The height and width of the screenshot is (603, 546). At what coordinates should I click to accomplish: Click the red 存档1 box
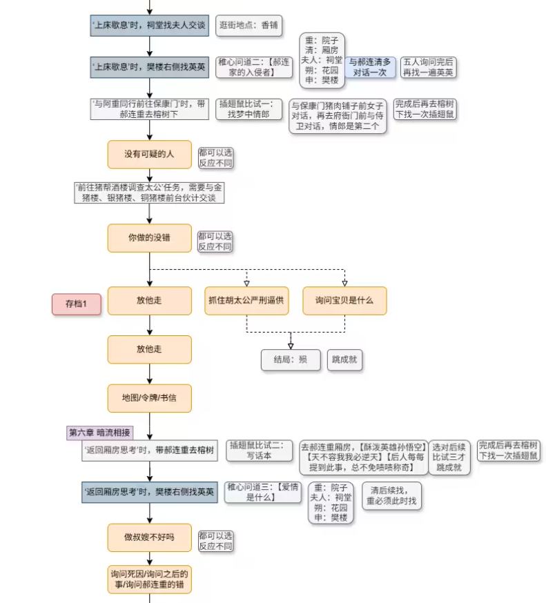click(77, 304)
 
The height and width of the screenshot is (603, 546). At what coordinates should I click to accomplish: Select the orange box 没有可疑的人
click(149, 154)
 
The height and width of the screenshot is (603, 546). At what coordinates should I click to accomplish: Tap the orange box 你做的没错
click(149, 238)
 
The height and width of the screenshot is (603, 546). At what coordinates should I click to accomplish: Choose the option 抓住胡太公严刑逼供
click(246, 301)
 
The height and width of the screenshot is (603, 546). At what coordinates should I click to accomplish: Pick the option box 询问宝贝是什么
click(344, 301)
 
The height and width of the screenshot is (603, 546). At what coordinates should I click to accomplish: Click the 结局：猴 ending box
click(290, 359)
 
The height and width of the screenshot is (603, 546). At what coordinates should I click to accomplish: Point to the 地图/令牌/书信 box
click(149, 398)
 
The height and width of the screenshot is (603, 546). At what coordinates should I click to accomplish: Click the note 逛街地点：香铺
click(248, 26)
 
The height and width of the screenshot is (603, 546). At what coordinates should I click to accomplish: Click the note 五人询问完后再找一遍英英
click(429, 67)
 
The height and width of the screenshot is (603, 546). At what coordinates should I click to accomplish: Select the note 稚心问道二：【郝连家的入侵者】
click(254, 67)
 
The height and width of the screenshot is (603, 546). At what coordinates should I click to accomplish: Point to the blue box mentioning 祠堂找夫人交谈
click(149, 26)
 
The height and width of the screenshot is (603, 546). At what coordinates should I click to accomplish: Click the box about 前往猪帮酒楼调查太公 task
click(149, 192)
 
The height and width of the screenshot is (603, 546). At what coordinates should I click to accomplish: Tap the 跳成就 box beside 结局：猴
click(344, 359)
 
